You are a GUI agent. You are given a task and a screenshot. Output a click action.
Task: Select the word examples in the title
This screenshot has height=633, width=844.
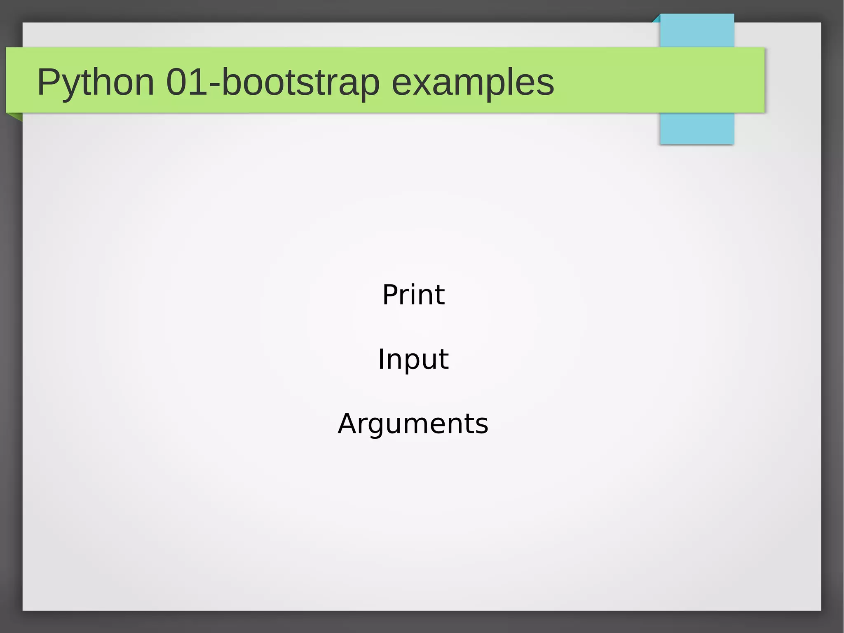[473, 82]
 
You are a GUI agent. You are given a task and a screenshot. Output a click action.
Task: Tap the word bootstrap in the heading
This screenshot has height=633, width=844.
[300, 82]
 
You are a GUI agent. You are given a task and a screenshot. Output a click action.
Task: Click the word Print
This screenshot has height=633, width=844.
[413, 295]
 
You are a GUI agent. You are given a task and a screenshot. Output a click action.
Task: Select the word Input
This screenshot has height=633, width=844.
[413, 359]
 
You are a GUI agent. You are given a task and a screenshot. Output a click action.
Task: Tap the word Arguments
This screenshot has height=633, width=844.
[413, 424]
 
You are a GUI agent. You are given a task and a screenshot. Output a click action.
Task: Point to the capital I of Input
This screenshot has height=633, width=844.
[381, 359]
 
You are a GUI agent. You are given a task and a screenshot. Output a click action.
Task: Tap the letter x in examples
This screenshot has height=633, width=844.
[422, 84]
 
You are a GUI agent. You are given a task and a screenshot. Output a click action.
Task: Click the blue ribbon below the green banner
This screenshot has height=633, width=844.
[697, 128]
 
